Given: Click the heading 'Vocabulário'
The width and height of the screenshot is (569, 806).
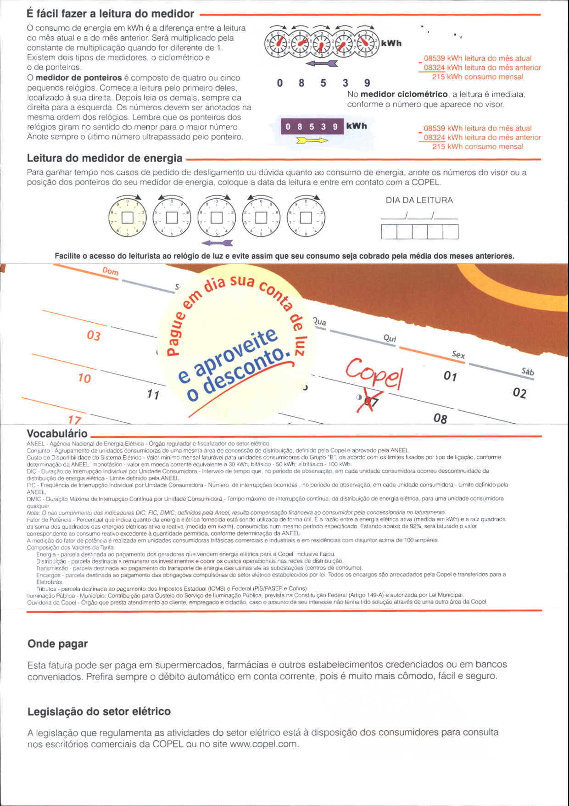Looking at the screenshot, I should [57, 433].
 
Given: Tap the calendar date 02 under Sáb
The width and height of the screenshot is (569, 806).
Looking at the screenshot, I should [519, 393].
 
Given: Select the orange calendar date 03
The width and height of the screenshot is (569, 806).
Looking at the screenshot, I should [94, 336].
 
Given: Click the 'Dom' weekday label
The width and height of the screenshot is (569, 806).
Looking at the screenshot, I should [110, 271].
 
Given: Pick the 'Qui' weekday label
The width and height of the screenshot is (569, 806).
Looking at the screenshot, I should [390, 338].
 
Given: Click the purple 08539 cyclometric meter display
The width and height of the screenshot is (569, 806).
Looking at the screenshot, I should [312, 126].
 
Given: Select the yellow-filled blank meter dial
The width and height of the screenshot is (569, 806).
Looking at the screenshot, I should [127, 217].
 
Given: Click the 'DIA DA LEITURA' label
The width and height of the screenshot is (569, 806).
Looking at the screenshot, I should [419, 200].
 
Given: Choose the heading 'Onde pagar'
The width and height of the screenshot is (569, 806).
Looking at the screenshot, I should [57, 644].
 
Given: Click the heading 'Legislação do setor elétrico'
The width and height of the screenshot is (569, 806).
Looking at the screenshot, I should [99, 711].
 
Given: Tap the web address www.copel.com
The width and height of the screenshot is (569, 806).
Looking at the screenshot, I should [263, 744].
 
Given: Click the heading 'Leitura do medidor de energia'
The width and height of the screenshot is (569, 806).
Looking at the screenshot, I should [105, 158].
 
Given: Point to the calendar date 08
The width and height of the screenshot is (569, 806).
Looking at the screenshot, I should [440, 418].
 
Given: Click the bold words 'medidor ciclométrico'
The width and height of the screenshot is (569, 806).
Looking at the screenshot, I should [404, 94].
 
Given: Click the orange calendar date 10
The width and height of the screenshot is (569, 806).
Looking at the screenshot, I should [84, 378].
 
